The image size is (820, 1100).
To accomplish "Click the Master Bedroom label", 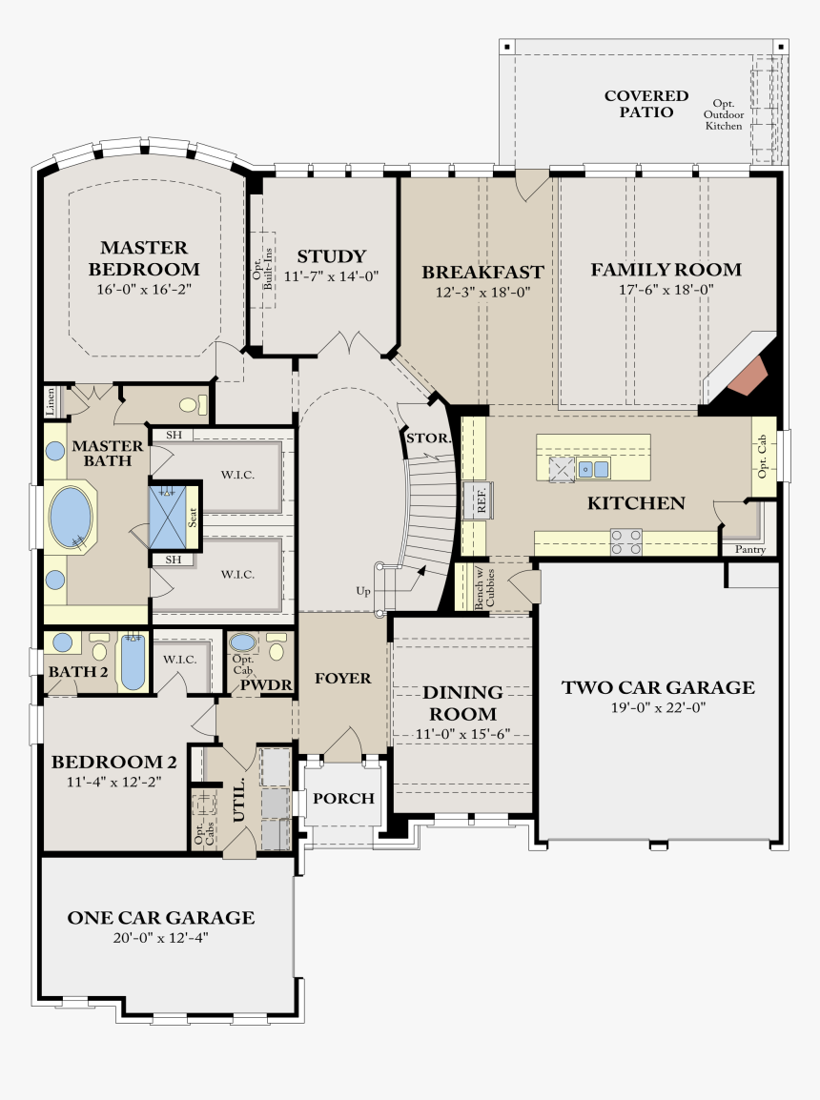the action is point(144,258).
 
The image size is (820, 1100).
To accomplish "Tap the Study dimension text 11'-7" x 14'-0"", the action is point(331,276).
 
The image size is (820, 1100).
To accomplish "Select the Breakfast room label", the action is point(482,272).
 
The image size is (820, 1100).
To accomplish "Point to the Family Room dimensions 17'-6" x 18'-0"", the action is point(666,290).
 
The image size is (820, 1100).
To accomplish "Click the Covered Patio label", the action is point(646,104).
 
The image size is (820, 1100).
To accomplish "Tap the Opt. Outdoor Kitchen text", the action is point(724,115).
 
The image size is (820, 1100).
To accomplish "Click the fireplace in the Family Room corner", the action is point(746,377).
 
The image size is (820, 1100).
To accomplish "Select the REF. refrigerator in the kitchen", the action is point(478,500).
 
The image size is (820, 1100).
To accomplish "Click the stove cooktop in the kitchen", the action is point(625,541).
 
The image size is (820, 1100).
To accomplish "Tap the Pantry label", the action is point(749,549).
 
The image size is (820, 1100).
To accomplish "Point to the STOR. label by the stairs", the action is point(428,438).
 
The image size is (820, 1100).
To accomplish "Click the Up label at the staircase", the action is point(363,591).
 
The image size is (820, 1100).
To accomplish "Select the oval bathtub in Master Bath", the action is point(71,518).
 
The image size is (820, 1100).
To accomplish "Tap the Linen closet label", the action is point(51,402).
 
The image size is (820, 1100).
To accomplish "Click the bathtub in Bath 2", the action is point(133,662).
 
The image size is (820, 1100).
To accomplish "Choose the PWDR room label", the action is point(266,685).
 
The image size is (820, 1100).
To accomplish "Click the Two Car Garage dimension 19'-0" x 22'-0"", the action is point(658,708).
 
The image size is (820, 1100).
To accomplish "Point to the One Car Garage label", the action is point(160,918).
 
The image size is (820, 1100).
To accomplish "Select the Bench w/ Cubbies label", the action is point(484,587).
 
